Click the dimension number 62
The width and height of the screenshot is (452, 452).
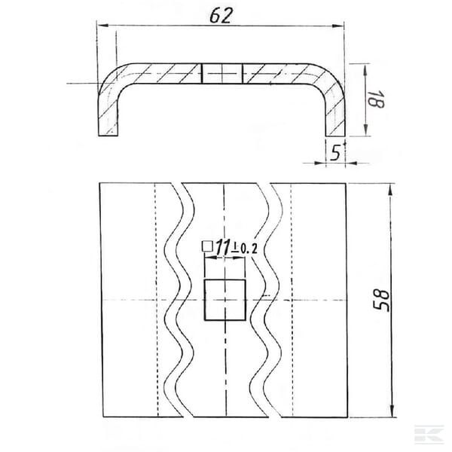coord(221,16)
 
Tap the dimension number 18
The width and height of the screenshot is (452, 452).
coord(376,99)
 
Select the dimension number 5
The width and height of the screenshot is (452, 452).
coord(335,153)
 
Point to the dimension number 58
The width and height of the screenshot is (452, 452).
coord(381,301)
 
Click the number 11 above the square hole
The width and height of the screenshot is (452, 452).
coord(223,247)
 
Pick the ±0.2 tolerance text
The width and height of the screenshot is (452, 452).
coord(244,249)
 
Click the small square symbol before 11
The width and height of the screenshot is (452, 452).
coord(207,246)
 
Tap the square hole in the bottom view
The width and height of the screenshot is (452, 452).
coord(224,300)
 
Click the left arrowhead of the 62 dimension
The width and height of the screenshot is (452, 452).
coord(103,26)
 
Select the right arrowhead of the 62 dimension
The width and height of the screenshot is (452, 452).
coord(338,26)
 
